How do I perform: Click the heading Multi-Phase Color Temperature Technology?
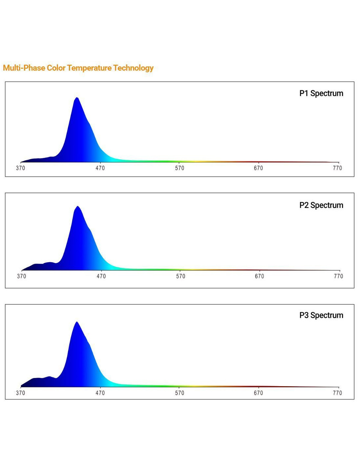tap(78, 68)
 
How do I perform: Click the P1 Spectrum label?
tap(321, 94)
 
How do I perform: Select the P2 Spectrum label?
tap(321, 205)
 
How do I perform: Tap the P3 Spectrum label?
tap(321, 315)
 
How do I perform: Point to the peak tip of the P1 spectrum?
tap(77, 97)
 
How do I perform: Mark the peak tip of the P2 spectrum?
tap(78, 206)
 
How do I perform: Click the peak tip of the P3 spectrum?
tap(77, 322)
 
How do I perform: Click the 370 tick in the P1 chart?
tap(21, 168)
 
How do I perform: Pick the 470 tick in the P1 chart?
tap(100, 168)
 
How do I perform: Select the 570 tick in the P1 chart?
tap(179, 168)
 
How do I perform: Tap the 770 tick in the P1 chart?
tap(337, 168)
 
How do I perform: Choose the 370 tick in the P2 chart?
tap(22, 276)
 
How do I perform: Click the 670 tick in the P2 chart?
tap(259, 276)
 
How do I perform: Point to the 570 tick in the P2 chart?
tap(181, 276)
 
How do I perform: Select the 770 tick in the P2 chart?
tap(338, 276)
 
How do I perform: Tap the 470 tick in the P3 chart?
tap(100, 393)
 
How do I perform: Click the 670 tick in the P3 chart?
tap(258, 393)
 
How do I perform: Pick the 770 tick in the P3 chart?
tap(337, 393)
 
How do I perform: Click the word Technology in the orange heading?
tap(134, 68)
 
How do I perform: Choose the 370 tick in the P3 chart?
tap(21, 393)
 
